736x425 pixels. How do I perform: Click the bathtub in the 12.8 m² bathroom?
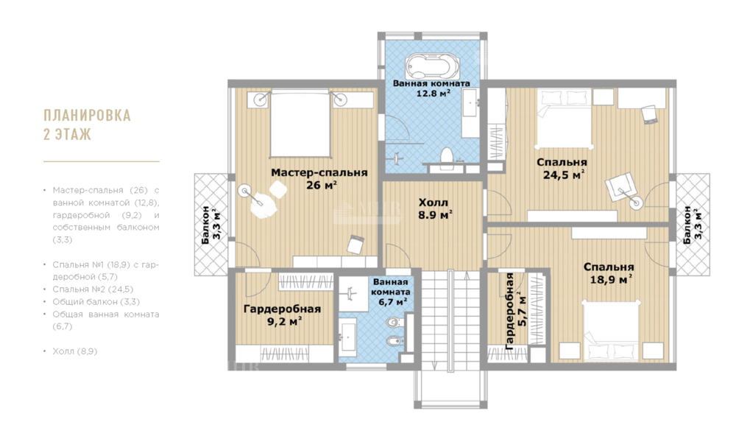431,67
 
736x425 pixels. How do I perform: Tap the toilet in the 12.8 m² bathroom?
446,157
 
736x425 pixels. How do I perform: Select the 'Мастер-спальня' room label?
319,172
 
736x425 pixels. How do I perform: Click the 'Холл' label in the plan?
434,203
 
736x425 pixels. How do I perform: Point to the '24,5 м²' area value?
563,175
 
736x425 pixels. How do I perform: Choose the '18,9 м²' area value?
610,279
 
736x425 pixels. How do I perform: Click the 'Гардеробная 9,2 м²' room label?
282,315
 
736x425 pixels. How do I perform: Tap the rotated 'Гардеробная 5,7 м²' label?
515,311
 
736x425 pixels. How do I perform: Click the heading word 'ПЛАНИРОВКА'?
88,115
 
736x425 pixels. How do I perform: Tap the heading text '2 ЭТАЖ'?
67,134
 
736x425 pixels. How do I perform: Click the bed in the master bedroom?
299,124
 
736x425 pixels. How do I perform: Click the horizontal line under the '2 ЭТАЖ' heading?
102,161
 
